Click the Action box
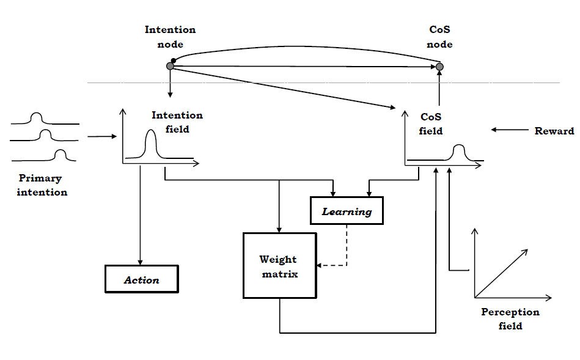(x=141, y=279)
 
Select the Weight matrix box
(x=279, y=265)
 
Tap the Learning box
(x=347, y=211)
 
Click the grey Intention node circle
(x=171, y=66)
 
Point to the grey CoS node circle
(x=439, y=66)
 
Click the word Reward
(x=554, y=131)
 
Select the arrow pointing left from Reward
(x=508, y=130)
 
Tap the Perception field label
(x=510, y=318)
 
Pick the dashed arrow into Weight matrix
(x=333, y=265)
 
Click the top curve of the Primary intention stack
(x=37, y=116)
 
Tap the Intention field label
(x=177, y=122)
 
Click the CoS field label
(x=431, y=123)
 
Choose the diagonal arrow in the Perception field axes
(x=501, y=272)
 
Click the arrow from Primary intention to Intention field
(x=101, y=137)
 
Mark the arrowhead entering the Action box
(x=141, y=262)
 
